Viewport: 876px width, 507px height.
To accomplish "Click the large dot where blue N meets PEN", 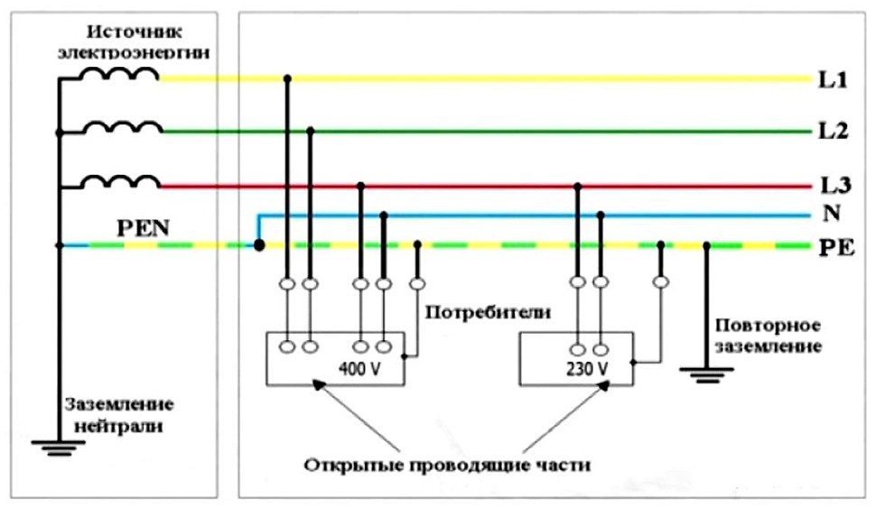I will point(259,244).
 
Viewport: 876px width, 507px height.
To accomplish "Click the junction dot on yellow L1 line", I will point(287,79).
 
